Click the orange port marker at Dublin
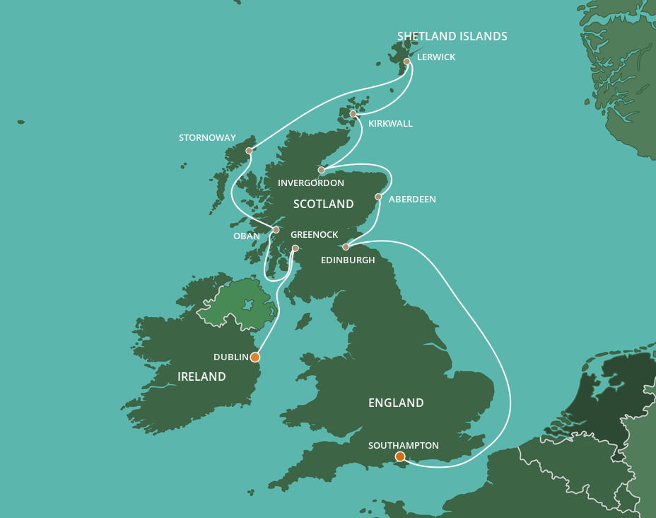(254, 357)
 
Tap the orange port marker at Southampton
(400, 457)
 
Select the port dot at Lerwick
(407, 62)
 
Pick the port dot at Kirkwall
(353, 114)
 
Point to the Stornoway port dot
(249, 151)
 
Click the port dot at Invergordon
(321, 170)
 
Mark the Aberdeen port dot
(378, 197)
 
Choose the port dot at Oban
(276, 230)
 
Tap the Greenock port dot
(295, 248)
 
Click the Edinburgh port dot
(346, 247)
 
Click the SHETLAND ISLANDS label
(452, 37)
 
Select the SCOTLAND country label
(323, 204)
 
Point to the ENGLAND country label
(396, 403)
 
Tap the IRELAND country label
(201, 376)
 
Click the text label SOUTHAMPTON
(404, 445)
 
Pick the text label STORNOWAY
(207, 138)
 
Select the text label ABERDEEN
(412, 200)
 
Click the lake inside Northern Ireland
(247, 306)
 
